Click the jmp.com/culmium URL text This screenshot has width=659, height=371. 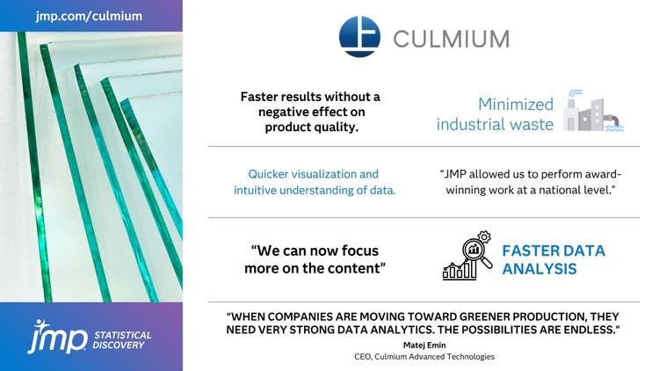coord(91,16)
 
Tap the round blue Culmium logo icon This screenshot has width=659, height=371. coord(359,37)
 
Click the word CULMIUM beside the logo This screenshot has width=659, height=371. coord(451,39)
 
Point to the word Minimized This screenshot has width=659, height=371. coord(515,103)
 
